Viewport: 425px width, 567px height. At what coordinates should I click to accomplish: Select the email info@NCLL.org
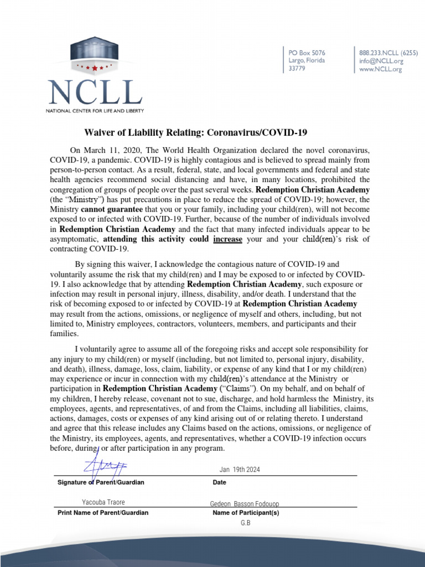point(381,61)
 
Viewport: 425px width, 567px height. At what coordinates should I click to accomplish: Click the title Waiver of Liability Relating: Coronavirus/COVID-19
point(195,133)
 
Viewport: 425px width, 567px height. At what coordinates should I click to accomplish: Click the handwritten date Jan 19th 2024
point(240,470)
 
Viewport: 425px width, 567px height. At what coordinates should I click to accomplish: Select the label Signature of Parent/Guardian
point(101,482)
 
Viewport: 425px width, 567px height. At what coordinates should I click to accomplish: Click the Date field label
point(220,482)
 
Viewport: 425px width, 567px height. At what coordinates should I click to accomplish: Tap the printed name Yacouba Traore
point(103,502)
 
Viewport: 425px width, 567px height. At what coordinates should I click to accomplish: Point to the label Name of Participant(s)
point(246,513)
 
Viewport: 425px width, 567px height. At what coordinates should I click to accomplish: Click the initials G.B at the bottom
point(246,523)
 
